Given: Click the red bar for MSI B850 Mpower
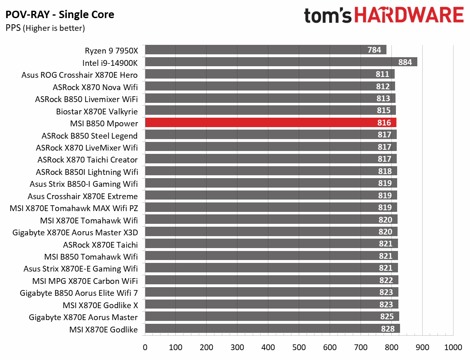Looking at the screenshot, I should pos(270,123).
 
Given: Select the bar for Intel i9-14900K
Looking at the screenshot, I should pos(281,62).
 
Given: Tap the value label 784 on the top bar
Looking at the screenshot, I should pos(374,50).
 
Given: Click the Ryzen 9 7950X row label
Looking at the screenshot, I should pos(111,51).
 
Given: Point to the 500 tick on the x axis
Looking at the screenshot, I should pos(299,347).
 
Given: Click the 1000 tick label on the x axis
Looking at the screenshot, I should pos(453,347).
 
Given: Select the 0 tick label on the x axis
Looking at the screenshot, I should pos(145,347).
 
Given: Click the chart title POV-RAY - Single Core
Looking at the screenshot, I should pos(60,15).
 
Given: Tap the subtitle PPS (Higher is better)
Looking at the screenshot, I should pos(45,28).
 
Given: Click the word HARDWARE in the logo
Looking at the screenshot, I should pos(409,16).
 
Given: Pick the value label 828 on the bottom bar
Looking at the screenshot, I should pos(388,329).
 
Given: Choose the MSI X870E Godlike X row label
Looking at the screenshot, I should pos(100,305).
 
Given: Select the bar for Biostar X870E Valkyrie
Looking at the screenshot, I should pos(270,111).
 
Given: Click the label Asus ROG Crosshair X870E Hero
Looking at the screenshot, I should pos(79,75).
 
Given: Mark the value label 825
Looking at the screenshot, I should pos(387,316).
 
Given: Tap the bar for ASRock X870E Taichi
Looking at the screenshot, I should pos(271,244).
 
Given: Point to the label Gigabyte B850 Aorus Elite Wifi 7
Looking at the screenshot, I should pos(79,293).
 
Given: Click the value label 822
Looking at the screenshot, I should pos(386,280).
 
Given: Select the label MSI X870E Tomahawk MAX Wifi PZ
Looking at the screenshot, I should pos(74,208).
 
